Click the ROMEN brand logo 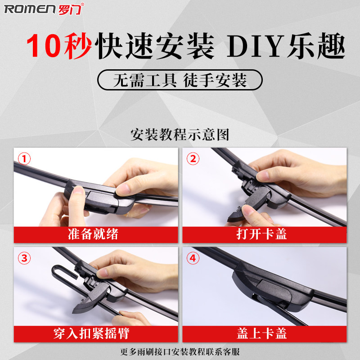[44, 9]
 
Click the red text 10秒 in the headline [59, 45]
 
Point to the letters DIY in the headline [255, 46]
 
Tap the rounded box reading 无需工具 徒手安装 [180, 80]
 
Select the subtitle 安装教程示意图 [180, 134]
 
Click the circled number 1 [24, 158]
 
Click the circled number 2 [193, 158]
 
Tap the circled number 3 [24, 258]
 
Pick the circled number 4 [193, 258]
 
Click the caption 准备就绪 [93, 234]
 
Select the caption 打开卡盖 [262, 234]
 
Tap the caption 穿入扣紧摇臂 [91, 333]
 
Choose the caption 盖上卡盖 [262, 333]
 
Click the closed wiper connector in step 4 [273, 286]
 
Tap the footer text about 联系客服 [180, 351]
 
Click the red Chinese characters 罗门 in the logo [70, 9]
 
